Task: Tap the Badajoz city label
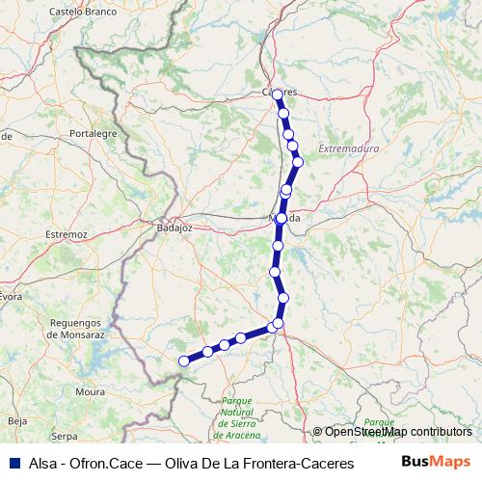click(174, 228)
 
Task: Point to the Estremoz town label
click(67, 234)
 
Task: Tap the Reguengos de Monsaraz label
click(76, 327)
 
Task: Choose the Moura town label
click(91, 392)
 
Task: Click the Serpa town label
click(65, 436)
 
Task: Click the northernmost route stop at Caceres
click(278, 94)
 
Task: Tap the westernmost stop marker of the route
click(184, 361)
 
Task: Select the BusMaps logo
click(436, 461)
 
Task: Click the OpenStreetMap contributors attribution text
click(397, 432)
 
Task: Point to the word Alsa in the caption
click(41, 462)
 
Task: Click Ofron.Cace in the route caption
click(107, 462)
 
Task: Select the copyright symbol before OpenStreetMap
click(318, 432)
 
